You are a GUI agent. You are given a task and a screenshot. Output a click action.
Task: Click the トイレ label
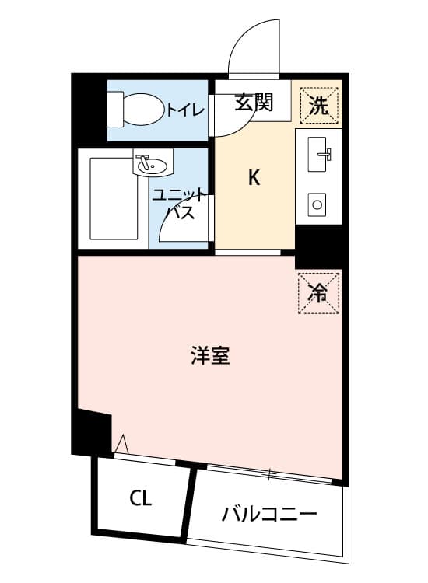(185, 110)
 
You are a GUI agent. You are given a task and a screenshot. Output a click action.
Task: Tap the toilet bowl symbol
(143, 109)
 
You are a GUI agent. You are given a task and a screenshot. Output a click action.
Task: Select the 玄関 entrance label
(254, 102)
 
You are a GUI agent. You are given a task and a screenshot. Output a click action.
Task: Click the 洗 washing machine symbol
(319, 106)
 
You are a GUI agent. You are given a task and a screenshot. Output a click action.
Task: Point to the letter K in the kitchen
(254, 178)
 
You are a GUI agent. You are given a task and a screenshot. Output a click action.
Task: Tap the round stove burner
(317, 205)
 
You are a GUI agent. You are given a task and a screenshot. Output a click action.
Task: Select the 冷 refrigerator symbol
(318, 293)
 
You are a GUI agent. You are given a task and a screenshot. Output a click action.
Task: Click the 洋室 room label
(210, 355)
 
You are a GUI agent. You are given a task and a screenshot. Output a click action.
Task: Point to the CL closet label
(141, 497)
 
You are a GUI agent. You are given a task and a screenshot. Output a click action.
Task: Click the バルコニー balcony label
(269, 515)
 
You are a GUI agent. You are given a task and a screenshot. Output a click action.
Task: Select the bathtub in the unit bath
(113, 198)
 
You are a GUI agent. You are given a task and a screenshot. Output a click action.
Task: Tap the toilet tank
(115, 110)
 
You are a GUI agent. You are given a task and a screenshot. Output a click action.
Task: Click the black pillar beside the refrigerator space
(318, 246)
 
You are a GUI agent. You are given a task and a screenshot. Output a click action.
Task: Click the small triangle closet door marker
(121, 444)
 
